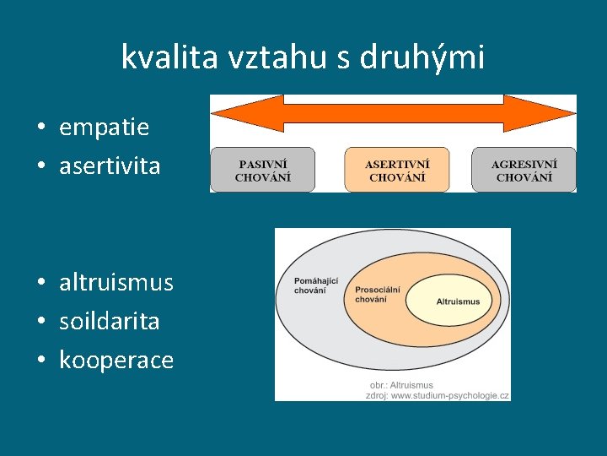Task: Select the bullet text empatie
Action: point(104,128)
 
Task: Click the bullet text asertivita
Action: point(110,166)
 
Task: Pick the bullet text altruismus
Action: point(116,282)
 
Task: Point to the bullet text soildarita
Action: point(110,321)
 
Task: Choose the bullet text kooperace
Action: point(116,361)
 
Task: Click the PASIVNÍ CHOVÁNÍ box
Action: point(262,170)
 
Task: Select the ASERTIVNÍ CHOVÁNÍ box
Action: point(396,170)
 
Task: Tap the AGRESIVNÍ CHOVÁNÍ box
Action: point(524,170)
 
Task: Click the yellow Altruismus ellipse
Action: point(458,301)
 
